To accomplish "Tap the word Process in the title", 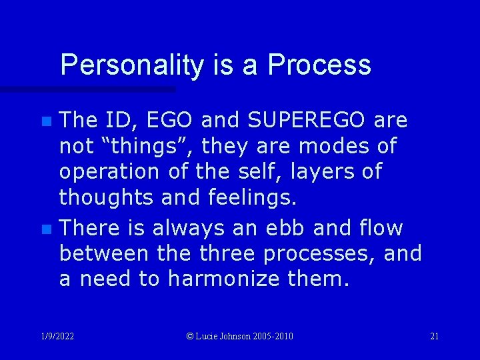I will [319, 65].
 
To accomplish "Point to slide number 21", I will [434, 336].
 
